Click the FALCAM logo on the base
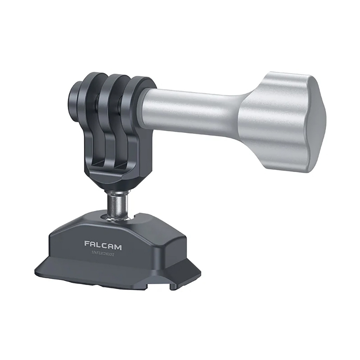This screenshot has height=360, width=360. pyautogui.click(x=103, y=243)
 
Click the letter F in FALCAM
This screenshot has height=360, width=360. pyautogui.click(x=87, y=243)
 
